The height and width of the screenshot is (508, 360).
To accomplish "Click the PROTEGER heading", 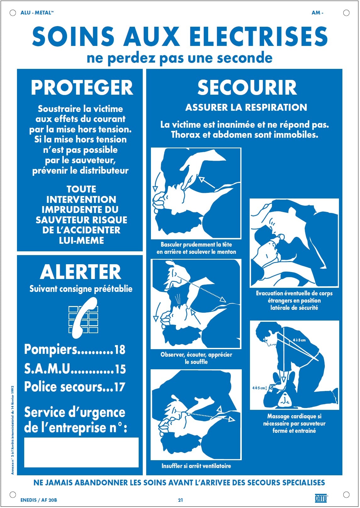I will [82, 87].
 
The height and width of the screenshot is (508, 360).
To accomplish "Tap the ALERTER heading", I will [80, 272].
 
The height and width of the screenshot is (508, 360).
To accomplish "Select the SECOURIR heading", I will [247, 87].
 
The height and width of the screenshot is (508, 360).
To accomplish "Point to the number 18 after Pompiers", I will [119, 350].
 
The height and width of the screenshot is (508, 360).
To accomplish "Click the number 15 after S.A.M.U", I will [120, 369].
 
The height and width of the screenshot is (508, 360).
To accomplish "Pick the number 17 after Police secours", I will [119, 387].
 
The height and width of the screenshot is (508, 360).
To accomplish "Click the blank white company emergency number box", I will [81, 452].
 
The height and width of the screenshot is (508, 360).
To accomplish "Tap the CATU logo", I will [321, 498].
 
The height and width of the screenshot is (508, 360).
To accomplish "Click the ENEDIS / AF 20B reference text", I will [39, 500].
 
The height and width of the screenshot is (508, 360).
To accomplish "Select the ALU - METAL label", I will [37, 13].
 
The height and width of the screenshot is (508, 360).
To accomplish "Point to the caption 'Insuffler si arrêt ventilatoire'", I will [196, 466].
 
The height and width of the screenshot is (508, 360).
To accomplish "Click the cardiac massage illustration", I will [294, 365].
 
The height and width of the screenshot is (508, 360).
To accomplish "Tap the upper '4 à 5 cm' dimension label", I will [299, 340].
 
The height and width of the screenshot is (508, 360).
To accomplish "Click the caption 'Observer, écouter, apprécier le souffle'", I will [196, 358].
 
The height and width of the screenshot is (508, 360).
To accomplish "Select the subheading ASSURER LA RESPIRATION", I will [246, 108].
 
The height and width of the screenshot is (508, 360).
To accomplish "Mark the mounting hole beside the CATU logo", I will [346, 494].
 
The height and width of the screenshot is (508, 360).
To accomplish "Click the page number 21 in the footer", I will [180, 500].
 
